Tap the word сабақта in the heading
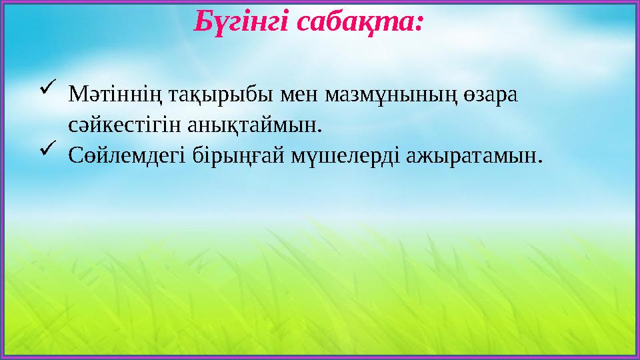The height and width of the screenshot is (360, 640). (x=357, y=23)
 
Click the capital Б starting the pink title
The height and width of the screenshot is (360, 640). (x=201, y=23)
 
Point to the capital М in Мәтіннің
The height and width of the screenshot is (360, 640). (x=75, y=95)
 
